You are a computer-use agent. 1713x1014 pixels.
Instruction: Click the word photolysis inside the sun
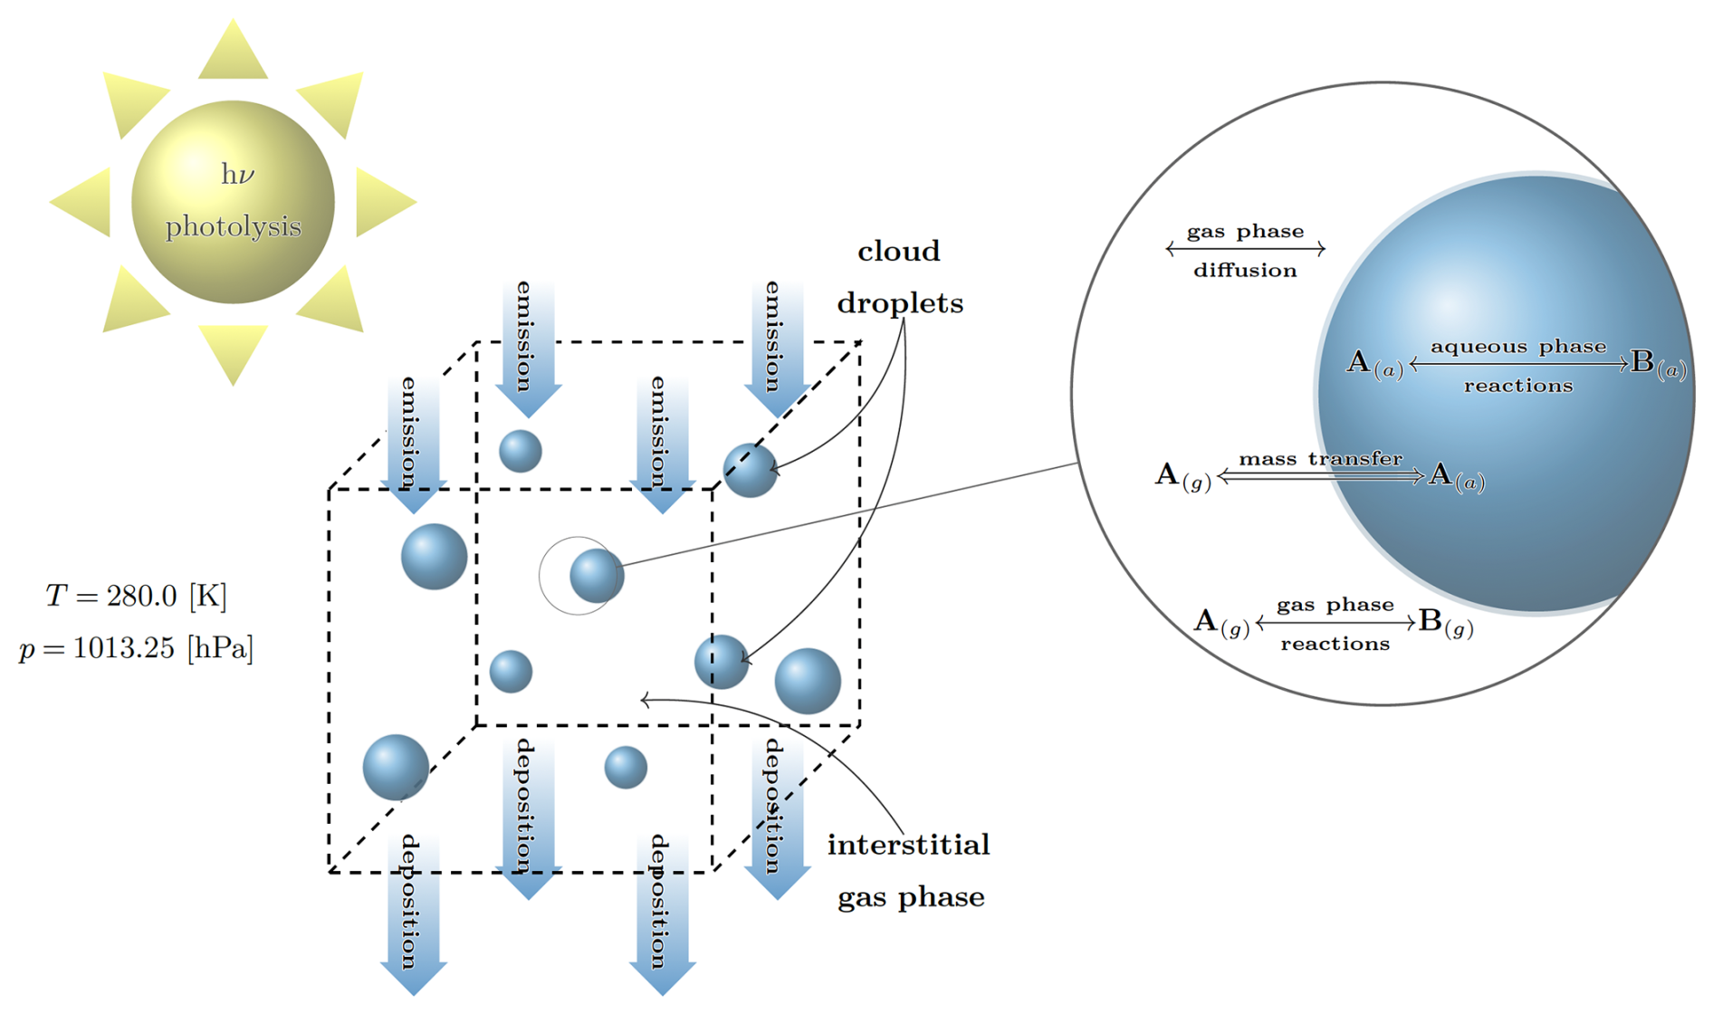pos(233,226)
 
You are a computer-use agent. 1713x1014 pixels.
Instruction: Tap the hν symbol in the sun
pos(237,174)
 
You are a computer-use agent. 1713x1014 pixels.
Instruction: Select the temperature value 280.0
pos(141,596)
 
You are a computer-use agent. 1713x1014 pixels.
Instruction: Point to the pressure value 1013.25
pos(123,648)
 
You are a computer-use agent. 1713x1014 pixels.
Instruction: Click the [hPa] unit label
pos(220,648)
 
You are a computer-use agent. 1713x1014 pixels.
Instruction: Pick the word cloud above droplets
pos(898,251)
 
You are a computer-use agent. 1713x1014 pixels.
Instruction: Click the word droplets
pos(900,303)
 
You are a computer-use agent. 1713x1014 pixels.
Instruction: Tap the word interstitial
pos(908,845)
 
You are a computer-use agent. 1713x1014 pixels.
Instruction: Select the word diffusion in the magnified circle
pos(1245,271)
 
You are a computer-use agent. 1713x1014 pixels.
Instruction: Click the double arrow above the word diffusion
pos(1245,248)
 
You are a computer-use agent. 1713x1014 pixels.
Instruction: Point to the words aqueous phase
pos(1518,347)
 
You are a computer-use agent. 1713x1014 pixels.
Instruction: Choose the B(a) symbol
pos(1658,365)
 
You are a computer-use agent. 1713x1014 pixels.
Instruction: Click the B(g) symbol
pos(1445,623)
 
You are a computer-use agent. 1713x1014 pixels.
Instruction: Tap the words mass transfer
pos(1320,459)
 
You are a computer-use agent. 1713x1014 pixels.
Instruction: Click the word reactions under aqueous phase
pos(1518,386)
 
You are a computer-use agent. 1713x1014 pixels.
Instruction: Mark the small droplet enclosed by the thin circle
pos(597,575)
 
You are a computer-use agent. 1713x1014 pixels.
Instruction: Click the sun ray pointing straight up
pos(233,53)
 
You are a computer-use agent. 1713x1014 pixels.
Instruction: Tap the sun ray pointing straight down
pos(233,353)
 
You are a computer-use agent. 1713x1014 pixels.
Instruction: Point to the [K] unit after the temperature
pos(207,596)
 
